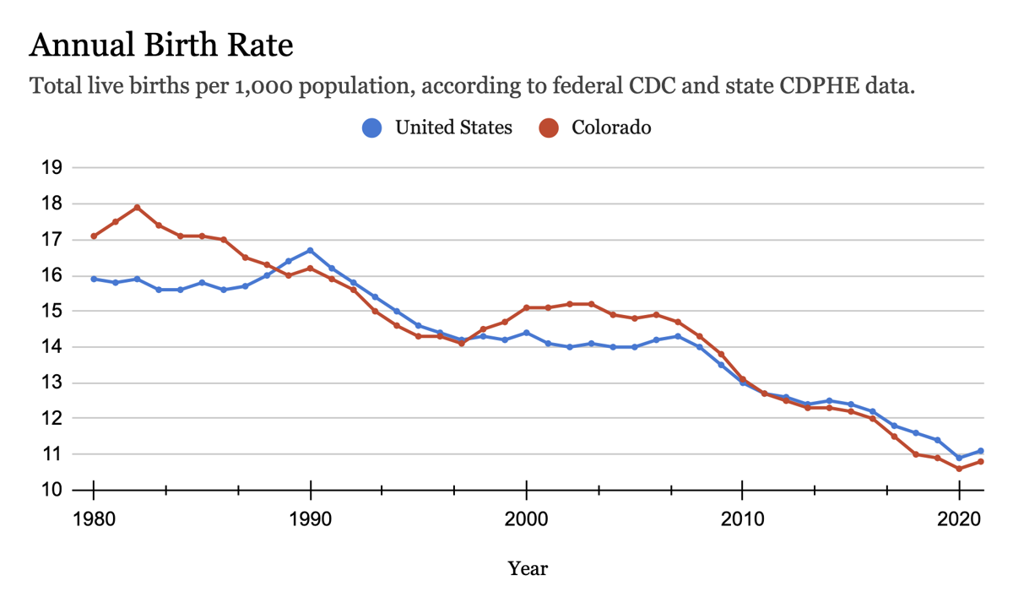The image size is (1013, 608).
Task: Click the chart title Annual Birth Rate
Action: [161, 45]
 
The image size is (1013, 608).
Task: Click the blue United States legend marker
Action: [372, 128]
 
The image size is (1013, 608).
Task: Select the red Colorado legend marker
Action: [550, 128]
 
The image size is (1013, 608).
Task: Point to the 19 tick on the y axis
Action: [51, 167]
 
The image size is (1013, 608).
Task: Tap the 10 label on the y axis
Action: [51, 490]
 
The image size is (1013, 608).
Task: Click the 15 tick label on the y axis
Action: [51, 311]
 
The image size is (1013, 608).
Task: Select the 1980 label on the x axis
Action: [93, 518]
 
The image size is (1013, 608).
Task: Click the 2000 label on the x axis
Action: [527, 518]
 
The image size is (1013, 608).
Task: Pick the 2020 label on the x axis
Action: [960, 518]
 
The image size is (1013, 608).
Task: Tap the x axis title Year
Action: [528, 568]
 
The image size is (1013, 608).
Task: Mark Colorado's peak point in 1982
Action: [137, 207]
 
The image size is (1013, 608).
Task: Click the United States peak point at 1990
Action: [310, 250]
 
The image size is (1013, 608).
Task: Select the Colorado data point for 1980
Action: [94, 236]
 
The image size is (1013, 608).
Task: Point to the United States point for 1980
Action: [94, 279]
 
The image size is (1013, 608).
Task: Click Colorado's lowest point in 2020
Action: [959, 469]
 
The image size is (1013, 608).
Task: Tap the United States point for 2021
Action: [981, 451]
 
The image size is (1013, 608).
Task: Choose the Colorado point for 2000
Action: [527, 307]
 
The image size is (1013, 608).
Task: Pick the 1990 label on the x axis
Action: [310, 518]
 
